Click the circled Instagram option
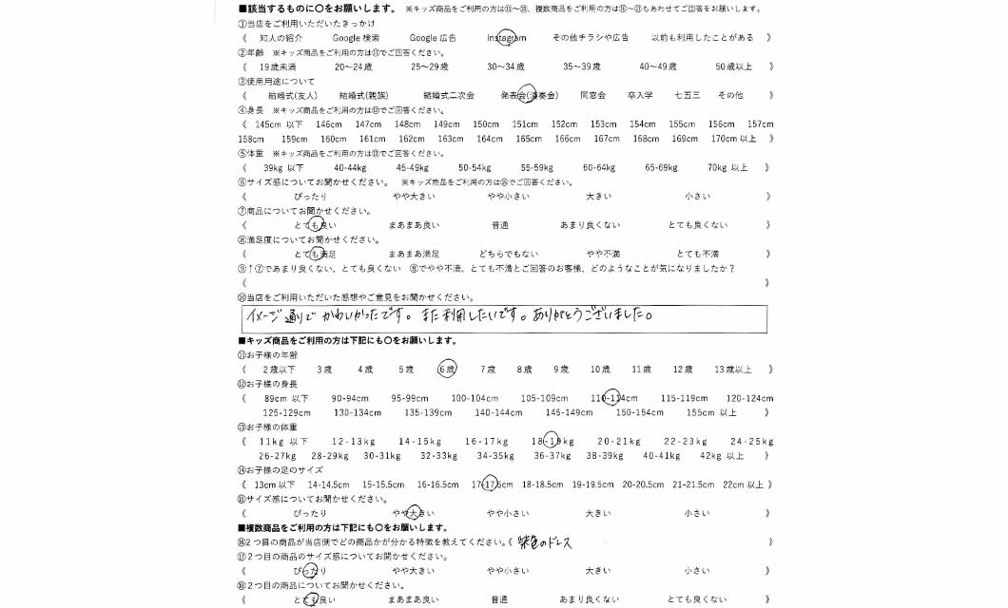[x=506, y=38]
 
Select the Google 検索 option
[x=356, y=38]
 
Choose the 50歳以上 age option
[x=733, y=67]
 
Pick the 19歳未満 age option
[x=278, y=67]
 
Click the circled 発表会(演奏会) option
[x=529, y=96]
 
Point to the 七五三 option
[x=687, y=96]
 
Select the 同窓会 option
[x=592, y=96]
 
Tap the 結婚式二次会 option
[x=449, y=96]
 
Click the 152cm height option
[x=564, y=124]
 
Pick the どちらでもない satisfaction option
[x=508, y=254]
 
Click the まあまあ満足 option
[x=414, y=254]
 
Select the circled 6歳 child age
[x=447, y=369]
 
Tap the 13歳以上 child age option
[x=731, y=369]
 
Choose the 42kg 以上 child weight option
[x=722, y=455]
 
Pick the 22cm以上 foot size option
[x=743, y=484]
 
